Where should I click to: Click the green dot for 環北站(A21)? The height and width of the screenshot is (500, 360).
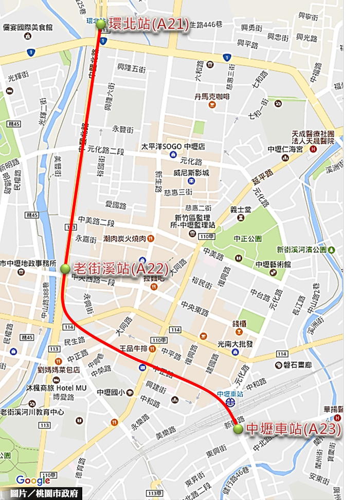click(x=101, y=24)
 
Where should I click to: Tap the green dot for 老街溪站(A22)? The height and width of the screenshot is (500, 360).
click(x=65, y=269)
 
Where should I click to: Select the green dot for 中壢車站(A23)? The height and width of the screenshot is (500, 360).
click(x=238, y=428)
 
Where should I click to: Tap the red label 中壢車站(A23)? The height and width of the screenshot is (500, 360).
click(x=293, y=428)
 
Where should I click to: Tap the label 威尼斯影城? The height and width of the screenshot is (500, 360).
click(x=191, y=173)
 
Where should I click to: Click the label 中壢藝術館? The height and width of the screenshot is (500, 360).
click(x=273, y=264)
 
